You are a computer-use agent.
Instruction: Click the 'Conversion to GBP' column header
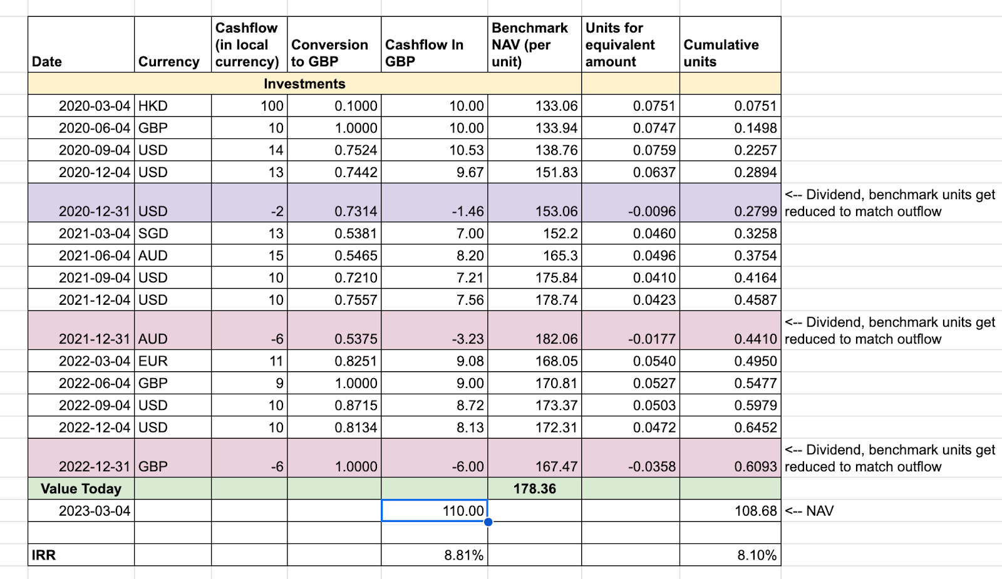[329, 53]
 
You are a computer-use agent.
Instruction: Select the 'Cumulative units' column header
[721, 53]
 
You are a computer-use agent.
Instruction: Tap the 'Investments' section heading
[304, 84]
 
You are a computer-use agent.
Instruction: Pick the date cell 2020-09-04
[94, 150]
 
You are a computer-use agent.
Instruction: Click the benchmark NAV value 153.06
[556, 212]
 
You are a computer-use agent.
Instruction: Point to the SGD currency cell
[153, 233]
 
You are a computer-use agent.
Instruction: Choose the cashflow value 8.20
[470, 255]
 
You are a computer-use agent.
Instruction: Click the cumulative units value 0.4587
[755, 300]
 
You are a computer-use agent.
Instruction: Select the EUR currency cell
[153, 361]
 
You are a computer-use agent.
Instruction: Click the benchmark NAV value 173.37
[556, 406]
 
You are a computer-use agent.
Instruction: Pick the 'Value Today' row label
[81, 489]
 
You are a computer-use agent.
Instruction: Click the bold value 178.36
[534, 489]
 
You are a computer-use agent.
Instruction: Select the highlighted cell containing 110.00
[434, 511]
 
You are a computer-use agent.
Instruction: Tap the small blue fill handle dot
[488, 522]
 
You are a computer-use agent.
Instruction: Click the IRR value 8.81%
[463, 555]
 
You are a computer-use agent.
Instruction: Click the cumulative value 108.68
[755, 511]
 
